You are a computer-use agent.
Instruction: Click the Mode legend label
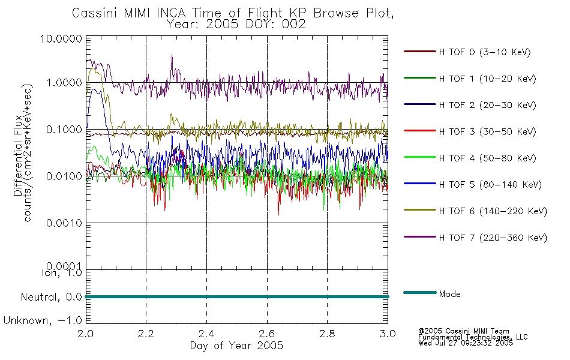point(449,294)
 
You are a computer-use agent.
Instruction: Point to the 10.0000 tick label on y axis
point(61,38)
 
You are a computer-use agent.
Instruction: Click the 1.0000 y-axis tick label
point(64,83)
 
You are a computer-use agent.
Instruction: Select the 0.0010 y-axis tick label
point(64,223)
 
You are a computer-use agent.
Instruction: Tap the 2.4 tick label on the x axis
point(206,334)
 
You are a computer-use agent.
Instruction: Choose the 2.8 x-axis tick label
point(327,334)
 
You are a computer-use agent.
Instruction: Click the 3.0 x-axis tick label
point(388,334)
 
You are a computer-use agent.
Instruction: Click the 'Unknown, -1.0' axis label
point(43,321)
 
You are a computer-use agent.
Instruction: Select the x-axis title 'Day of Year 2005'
point(236,346)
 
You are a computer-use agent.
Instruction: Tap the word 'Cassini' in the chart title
point(95,13)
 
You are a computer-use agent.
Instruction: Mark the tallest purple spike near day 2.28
point(172,55)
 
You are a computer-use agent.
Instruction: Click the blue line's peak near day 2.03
point(94,89)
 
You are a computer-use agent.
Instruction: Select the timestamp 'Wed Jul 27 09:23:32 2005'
point(466,343)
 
